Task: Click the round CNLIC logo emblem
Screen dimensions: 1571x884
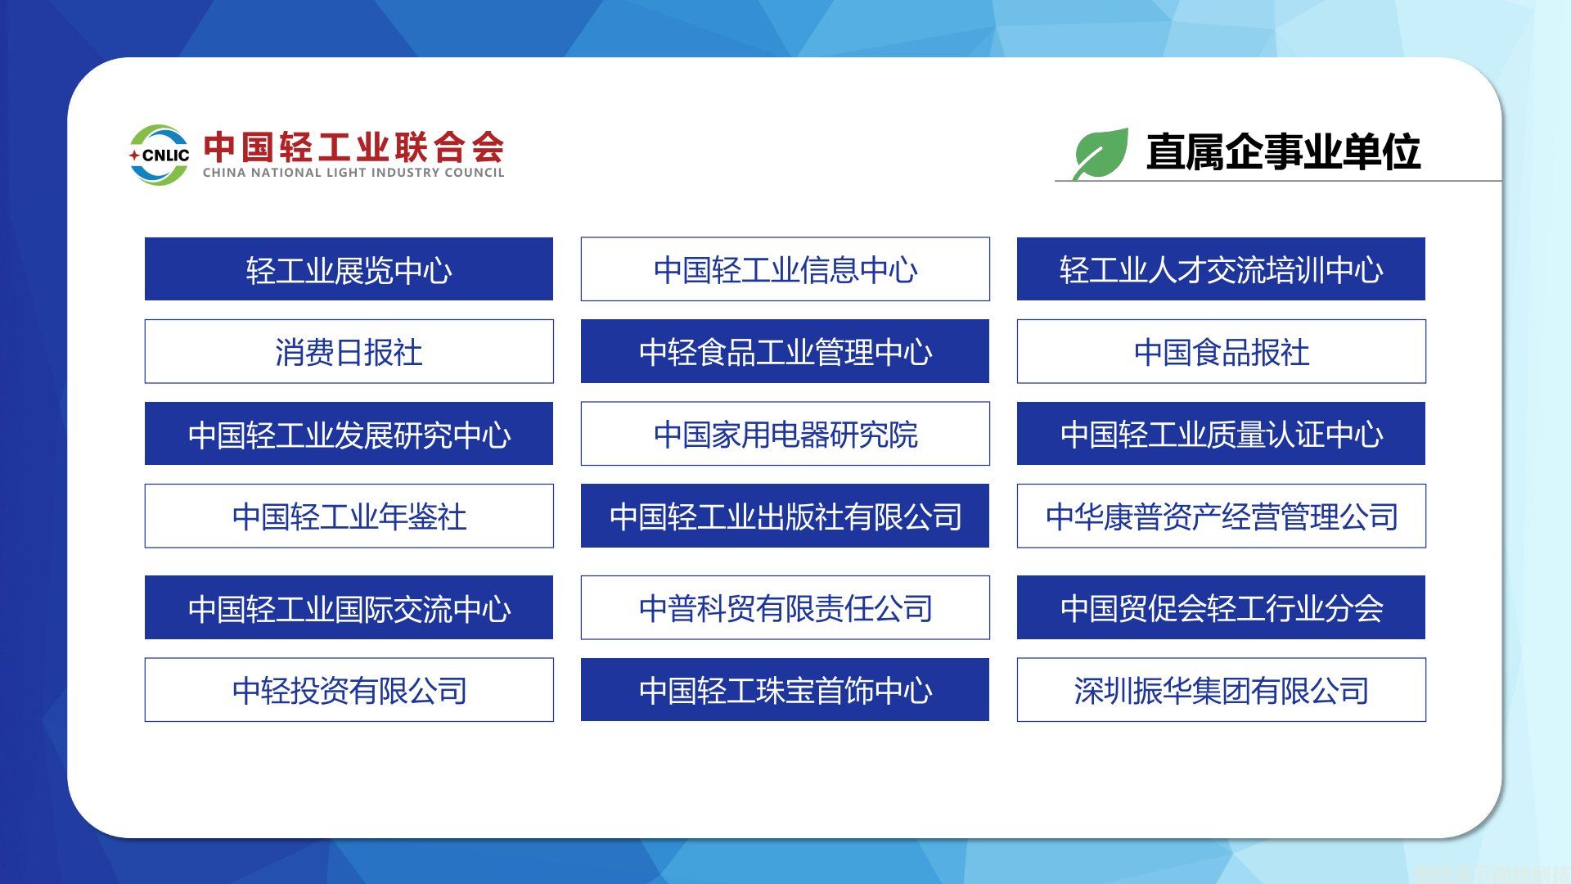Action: (x=159, y=155)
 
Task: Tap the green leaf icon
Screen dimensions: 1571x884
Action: (x=1101, y=154)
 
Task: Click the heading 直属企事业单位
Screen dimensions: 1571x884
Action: (x=1283, y=152)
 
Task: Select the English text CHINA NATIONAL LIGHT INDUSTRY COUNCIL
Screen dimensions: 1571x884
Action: (x=353, y=173)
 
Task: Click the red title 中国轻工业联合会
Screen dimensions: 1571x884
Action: (x=353, y=147)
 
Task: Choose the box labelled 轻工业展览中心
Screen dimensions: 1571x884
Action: (x=349, y=269)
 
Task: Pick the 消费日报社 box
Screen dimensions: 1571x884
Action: (x=349, y=351)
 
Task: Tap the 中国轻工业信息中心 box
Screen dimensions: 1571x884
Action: (x=785, y=269)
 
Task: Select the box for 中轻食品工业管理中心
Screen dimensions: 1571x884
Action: (x=785, y=351)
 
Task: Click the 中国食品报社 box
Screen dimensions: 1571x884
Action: (x=1221, y=351)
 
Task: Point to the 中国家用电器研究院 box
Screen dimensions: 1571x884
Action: (x=785, y=434)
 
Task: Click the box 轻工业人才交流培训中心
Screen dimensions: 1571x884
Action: (x=1221, y=269)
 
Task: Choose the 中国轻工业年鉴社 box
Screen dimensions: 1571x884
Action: (x=349, y=516)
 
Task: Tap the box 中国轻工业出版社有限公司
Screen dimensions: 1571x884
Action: (x=785, y=516)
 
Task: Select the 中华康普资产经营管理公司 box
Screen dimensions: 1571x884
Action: (x=1221, y=516)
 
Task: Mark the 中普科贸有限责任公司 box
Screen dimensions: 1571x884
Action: (x=785, y=607)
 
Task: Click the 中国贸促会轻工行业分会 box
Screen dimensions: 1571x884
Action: (x=1221, y=607)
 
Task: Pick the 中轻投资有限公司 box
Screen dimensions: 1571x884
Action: (x=349, y=690)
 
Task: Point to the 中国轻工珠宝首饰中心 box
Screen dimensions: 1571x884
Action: (x=785, y=690)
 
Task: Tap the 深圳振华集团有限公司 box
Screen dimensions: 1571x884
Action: (x=1221, y=690)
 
